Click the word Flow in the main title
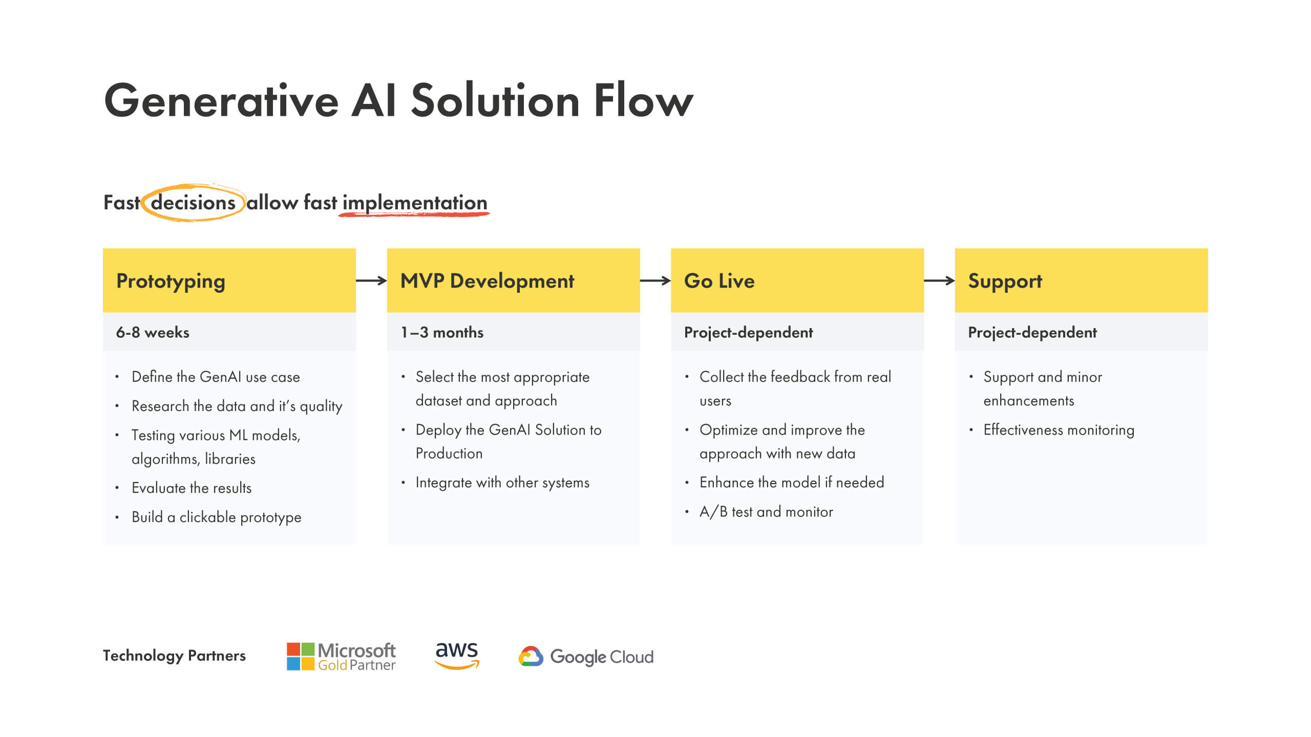[x=643, y=101]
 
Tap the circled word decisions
[x=193, y=203]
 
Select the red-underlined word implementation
[x=414, y=203]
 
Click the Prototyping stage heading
[x=171, y=281]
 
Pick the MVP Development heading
[x=487, y=281]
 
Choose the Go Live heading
[x=719, y=281]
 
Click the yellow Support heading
[x=1005, y=281]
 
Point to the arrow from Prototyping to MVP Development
[x=371, y=280]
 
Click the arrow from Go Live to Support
[x=939, y=280]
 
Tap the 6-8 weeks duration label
[x=153, y=332]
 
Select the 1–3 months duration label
[x=442, y=332]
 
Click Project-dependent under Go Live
[x=748, y=332]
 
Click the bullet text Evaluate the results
[x=192, y=488]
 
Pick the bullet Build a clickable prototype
[x=216, y=517]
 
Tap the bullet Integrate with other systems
[x=502, y=483]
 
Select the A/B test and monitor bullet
[x=766, y=512]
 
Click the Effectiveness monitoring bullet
[x=1059, y=430]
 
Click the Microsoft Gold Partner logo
[x=341, y=657]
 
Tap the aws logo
[x=456, y=656]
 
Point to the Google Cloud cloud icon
[x=531, y=656]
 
